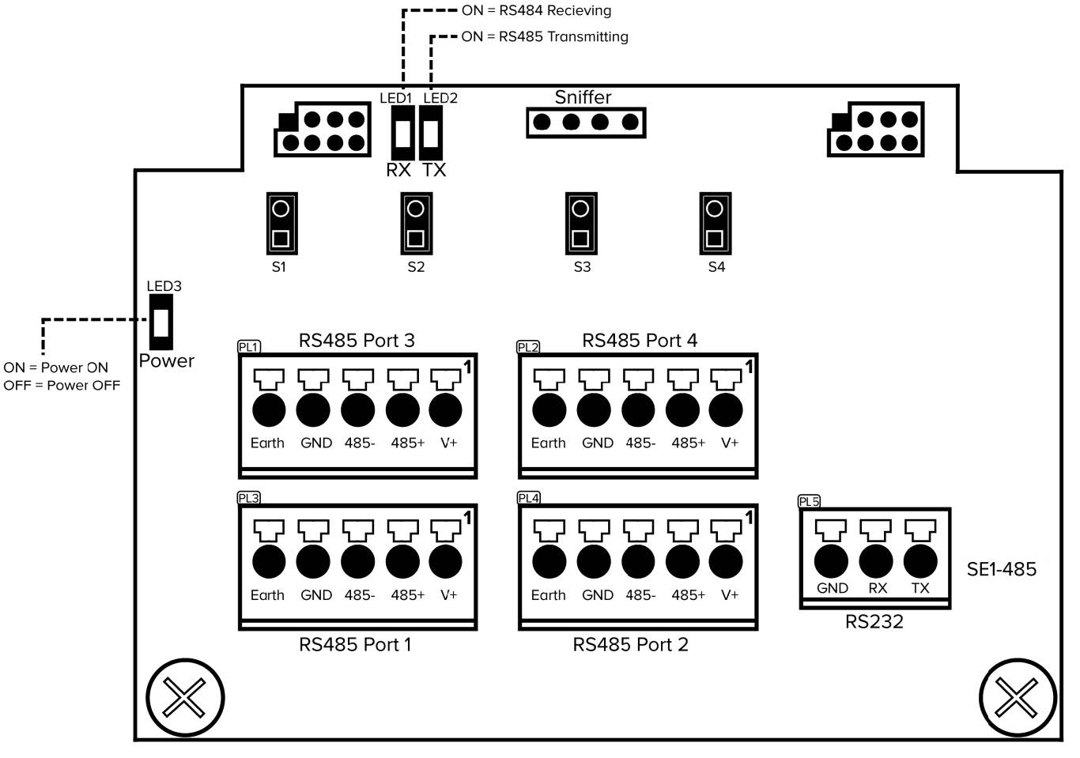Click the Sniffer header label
(583, 97)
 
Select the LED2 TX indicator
(431, 134)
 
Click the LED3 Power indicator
(161, 322)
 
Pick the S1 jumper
(281, 224)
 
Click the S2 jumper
(415, 224)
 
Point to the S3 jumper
(580, 224)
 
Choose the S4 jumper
(715, 224)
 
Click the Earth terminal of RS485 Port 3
(269, 410)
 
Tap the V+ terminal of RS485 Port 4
(726, 410)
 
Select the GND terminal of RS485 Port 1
(313, 562)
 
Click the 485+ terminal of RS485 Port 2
(682, 562)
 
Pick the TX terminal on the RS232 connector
(920, 560)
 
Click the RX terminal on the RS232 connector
(876, 560)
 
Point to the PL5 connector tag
(809, 501)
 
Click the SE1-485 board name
(1001, 569)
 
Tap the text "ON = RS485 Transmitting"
(545, 36)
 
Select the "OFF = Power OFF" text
(62, 386)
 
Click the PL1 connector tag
(248, 346)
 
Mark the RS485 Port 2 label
(630, 645)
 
